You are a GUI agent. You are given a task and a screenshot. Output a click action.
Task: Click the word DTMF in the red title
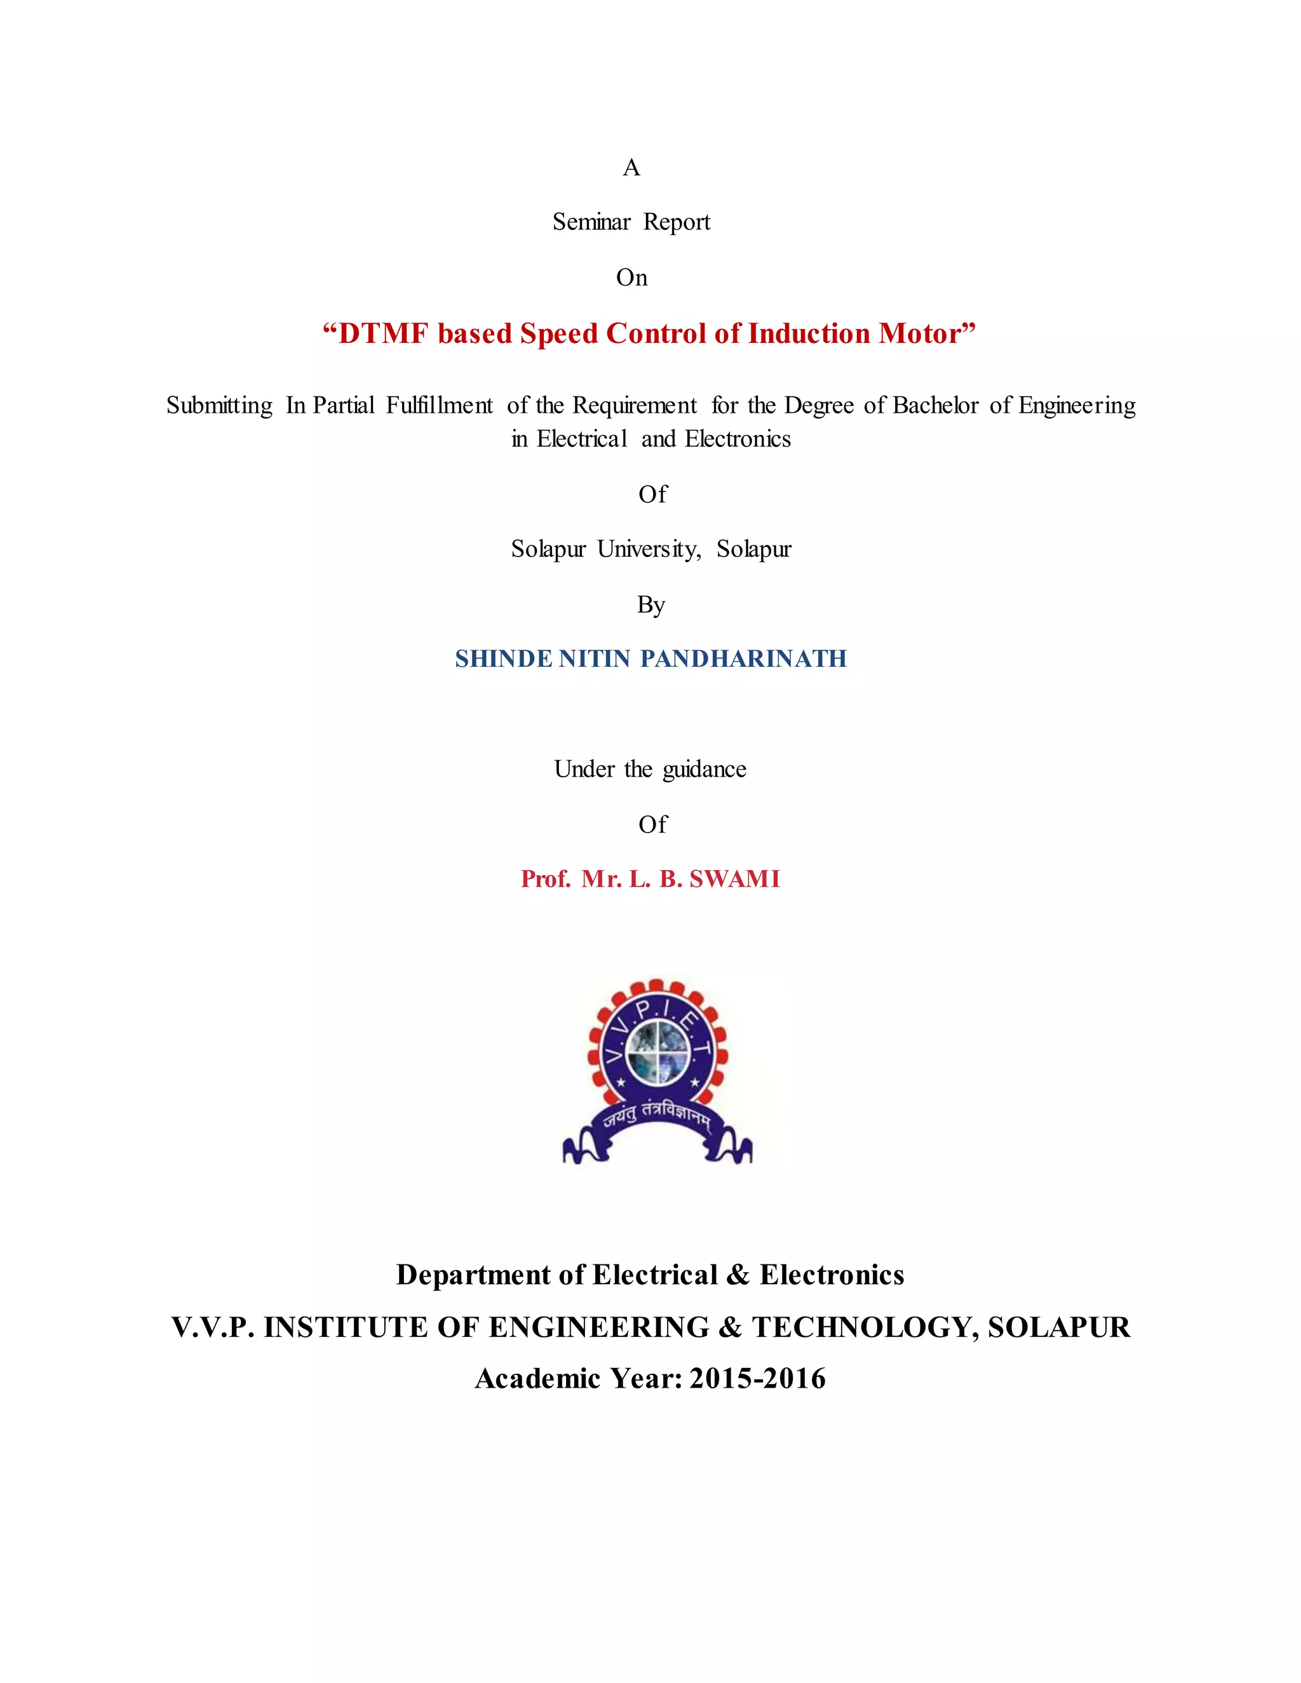pyautogui.click(x=383, y=333)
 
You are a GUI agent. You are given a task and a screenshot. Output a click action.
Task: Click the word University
pyautogui.click(x=648, y=549)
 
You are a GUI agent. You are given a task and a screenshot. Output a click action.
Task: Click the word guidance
pyautogui.click(x=704, y=770)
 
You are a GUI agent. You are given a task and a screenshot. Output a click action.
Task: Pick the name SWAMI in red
pyautogui.click(x=734, y=879)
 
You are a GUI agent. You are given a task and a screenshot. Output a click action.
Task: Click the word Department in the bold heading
pyautogui.click(x=474, y=1275)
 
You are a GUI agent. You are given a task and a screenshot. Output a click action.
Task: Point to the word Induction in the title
pyautogui.click(x=809, y=333)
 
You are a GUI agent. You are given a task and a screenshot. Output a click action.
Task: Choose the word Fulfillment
pyautogui.click(x=440, y=405)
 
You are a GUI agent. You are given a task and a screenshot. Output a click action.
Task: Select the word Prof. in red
pyautogui.click(x=546, y=879)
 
